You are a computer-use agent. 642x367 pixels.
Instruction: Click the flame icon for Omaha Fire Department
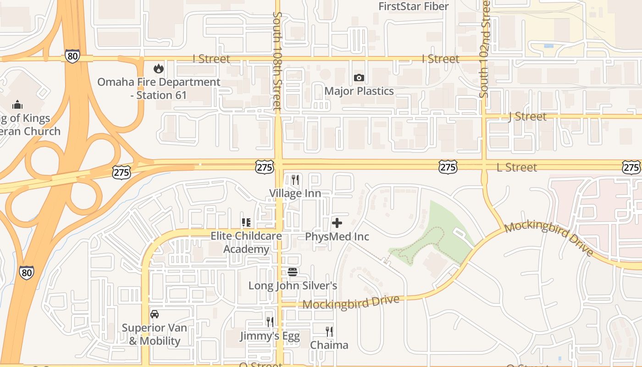tap(159, 69)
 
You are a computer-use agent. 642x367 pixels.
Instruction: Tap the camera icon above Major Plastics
tap(359, 78)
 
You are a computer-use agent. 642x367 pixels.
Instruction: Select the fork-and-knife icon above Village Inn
tap(295, 180)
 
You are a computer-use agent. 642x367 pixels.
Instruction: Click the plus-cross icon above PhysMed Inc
tap(337, 223)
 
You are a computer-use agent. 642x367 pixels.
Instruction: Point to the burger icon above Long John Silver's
tap(293, 272)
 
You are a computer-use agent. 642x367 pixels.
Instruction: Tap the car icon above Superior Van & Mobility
tap(155, 314)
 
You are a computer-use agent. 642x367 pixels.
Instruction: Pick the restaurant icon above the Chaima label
tap(329, 331)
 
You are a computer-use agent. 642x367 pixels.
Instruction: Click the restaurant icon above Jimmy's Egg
tap(270, 322)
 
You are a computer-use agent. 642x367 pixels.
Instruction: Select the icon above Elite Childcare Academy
tap(246, 222)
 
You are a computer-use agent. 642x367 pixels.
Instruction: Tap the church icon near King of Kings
tap(17, 105)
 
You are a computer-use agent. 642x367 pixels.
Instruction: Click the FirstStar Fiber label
tap(414, 6)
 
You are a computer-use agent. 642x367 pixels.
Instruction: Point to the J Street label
tap(527, 117)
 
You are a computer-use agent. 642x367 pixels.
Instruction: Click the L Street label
tap(517, 167)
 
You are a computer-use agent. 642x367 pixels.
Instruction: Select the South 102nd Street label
tap(485, 48)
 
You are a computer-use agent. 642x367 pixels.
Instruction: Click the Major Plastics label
tap(359, 91)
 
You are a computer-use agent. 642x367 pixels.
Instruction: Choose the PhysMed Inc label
tap(337, 237)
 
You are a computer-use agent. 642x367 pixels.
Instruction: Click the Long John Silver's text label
tap(293, 286)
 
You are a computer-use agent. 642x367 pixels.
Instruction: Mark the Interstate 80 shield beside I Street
tap(72, 56)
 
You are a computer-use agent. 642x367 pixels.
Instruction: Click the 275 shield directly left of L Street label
tap(448, 167)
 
